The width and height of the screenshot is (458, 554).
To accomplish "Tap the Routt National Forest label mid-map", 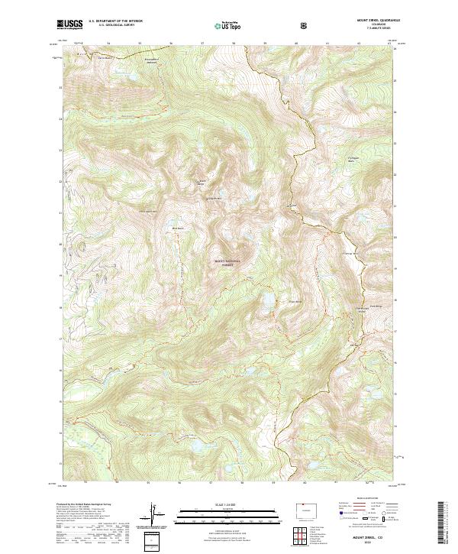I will (x=227, y=264).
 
